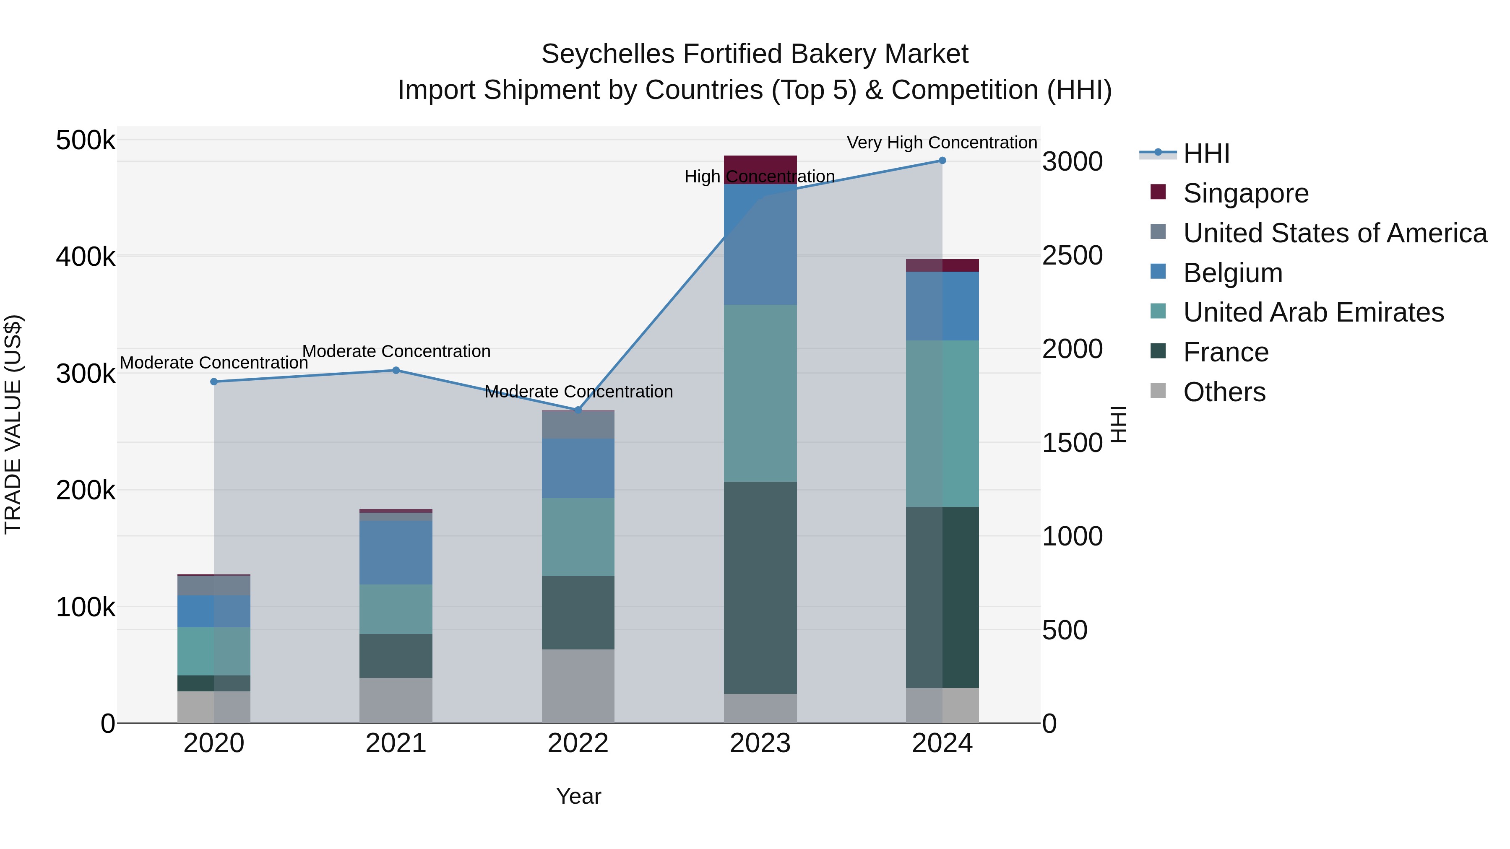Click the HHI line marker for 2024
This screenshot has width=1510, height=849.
pos(942,161)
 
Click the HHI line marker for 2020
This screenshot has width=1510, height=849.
pos(214,382)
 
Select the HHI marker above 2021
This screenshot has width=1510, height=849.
pos(396,370)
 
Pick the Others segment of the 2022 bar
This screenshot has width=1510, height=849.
pos(578,685)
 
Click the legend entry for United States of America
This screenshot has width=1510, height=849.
pos(1334,233)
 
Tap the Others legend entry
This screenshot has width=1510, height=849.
pos(1224,392)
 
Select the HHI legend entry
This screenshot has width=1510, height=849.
pos(1206,153)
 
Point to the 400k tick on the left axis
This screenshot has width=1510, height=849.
pos(86,257)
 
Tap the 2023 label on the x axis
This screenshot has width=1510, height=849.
pos(760,743)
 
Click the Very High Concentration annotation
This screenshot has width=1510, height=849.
pos(942,143)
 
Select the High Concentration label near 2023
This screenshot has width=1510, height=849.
pos(760,177)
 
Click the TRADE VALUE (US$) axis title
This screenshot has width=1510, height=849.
pos(13,424)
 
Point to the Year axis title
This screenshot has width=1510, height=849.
pos(578,796)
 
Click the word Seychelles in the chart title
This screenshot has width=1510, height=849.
pos(607,54)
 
